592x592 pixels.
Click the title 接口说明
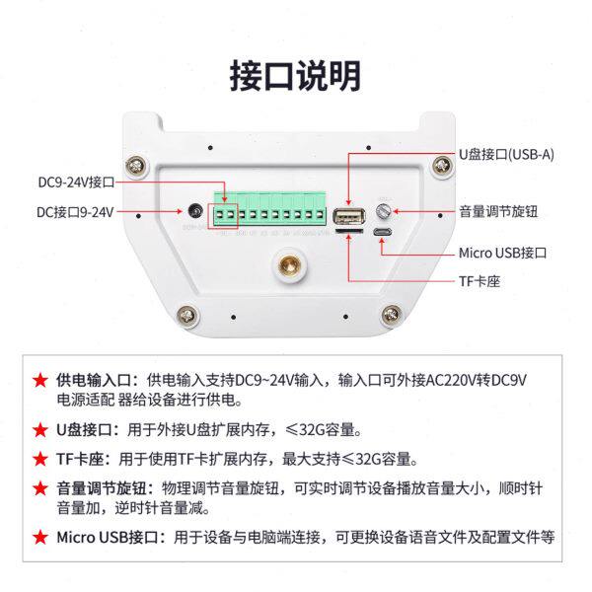click(x=295, y=75)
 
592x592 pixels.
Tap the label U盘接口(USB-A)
click(x=507, y=155)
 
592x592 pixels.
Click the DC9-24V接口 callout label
click(x=77, y=183)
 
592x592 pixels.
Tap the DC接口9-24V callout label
click(x=76, y=211)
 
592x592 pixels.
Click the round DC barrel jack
click(x=195, y=212)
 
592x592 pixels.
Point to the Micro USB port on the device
click(x=383, y=234)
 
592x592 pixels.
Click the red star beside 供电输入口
click(x=39, y=380)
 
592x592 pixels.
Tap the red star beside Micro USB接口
click(x=39, y=538)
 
